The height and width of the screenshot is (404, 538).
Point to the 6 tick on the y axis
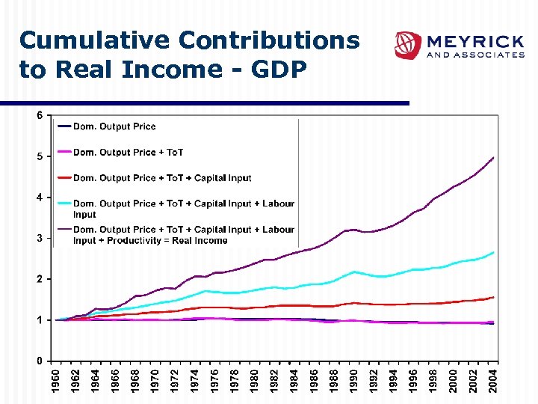(x=39, y=115)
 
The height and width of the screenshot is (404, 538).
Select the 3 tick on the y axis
(x=39, y=238)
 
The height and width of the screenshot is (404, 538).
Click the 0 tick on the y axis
(x=39, y=361)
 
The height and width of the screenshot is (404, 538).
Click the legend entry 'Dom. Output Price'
(x=114, y=126)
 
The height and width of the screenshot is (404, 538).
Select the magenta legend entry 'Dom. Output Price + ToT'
(x=128, y=153)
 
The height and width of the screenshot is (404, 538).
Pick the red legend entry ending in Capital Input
(x=162, y=178)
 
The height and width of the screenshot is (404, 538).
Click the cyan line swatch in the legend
(x=64, y=203)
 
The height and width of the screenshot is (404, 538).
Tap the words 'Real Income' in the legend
(x=200, y=241)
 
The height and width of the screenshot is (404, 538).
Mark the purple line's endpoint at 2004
(x=493, y=158)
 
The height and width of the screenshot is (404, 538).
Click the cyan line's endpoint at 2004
(x=493, y=253)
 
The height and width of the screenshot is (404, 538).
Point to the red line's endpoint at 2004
(x=493, y=297)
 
